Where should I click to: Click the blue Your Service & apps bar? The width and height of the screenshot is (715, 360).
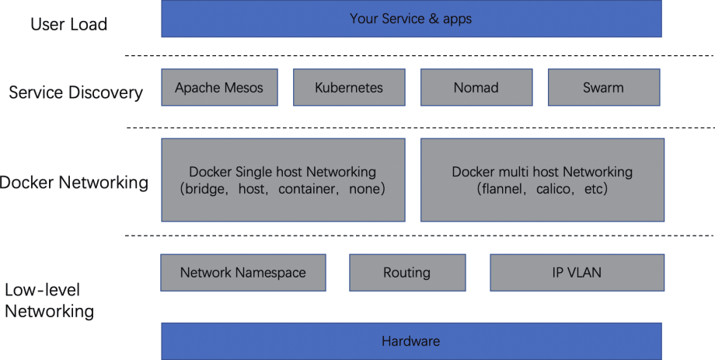tap(411, 19)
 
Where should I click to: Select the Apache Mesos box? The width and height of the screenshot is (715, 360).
tap(219, 87)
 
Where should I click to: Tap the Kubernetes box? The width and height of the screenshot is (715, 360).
tap(349, 87)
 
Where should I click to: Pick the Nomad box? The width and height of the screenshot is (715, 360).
tap(476, 87)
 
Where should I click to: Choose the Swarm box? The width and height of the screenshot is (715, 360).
tap(604, 87)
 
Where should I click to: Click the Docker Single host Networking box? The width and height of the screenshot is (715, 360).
tap(283, 180)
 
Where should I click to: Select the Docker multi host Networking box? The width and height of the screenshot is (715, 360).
tap(542, 180)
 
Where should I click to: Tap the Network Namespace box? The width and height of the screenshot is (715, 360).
tap(243, 272)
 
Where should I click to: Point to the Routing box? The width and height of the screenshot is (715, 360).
tap(407, 272)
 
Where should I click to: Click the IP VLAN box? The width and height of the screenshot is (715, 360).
tap(577, 272)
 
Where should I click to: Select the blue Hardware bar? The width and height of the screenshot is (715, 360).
tap(411, 341)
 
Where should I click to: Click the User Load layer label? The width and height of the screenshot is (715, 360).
tap(69, 24)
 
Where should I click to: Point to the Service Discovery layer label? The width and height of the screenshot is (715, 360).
tap(75, 93)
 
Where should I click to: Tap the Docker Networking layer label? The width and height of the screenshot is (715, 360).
tap(74, 183)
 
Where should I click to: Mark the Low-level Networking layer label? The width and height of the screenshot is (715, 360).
tap(49, 300)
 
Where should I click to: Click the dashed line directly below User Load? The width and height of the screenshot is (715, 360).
tap(420, 56)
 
